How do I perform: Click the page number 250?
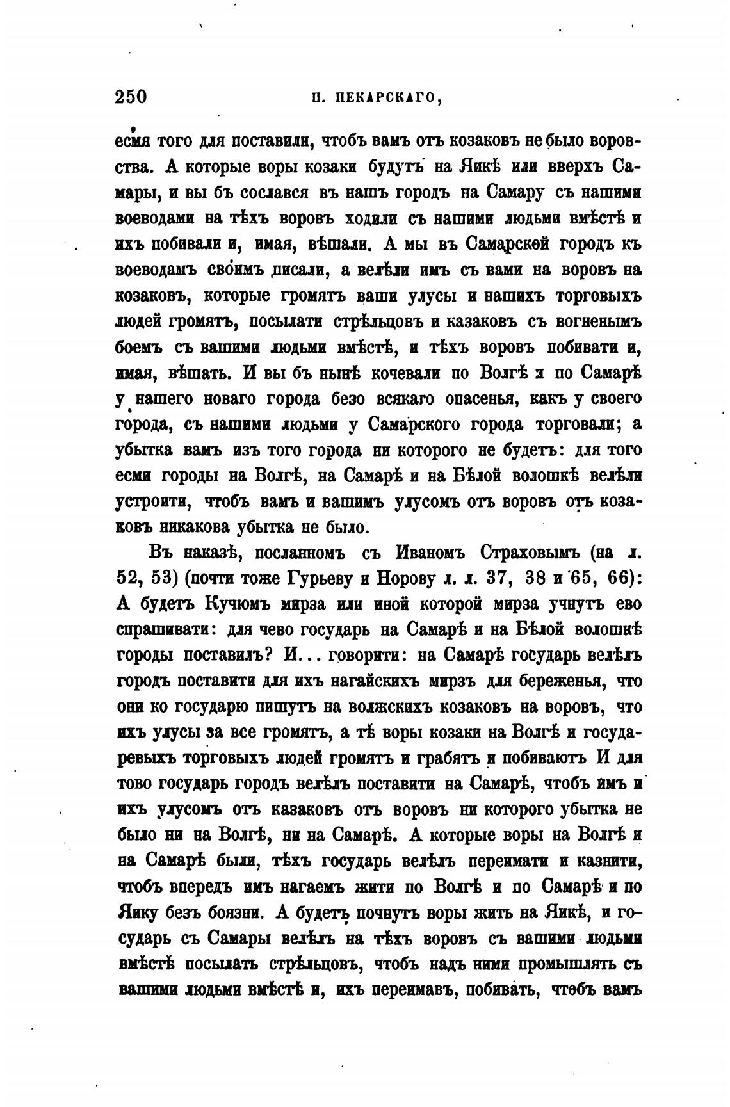tap(131, 97)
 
